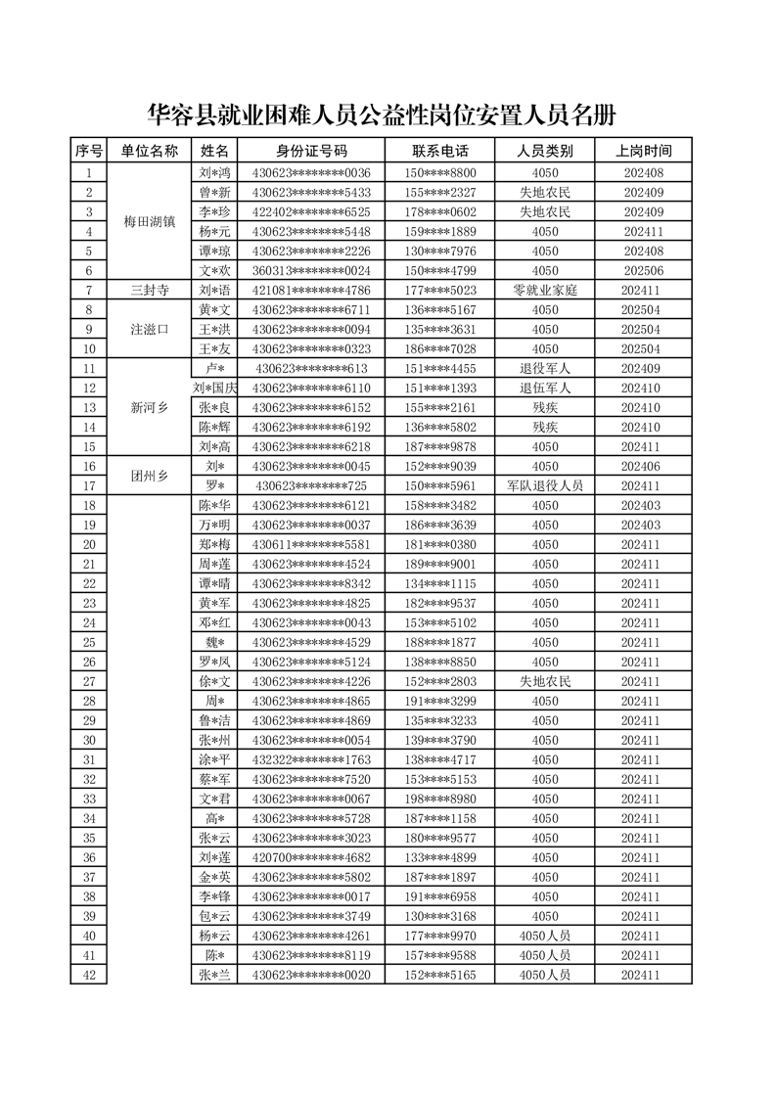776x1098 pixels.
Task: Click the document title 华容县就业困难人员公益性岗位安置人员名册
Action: tap(382, 115)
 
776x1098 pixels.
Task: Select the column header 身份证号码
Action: tap(310, 151)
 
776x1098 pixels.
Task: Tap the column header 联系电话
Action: tap(439, 151)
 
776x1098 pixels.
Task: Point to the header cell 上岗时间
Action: tap(643, 151)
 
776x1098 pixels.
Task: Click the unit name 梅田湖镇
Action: tap(150, 221)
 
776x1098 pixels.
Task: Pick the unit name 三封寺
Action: tap(150, 290)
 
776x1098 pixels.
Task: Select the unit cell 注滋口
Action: tap(150, 329)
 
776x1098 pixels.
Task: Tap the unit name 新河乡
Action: tap(150, 407)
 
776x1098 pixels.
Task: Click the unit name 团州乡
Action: tap(150, 476)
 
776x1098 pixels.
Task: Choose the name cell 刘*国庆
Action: tap(214, 388)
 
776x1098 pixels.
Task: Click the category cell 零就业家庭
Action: tap(545, 290)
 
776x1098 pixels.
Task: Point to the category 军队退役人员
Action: tap(545, 485)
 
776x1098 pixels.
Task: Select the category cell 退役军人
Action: tap(545, 368)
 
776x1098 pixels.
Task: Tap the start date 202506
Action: tap(643, 270)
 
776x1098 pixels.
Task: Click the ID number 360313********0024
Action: tap(310, 270)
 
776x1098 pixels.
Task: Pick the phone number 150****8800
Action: tap(439, 172)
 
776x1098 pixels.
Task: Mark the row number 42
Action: tap(89, 975)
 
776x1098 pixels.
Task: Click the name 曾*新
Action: tap(214, 192)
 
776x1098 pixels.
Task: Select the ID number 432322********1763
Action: tap(310, 759)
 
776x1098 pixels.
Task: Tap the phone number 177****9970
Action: tap(439, 936)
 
